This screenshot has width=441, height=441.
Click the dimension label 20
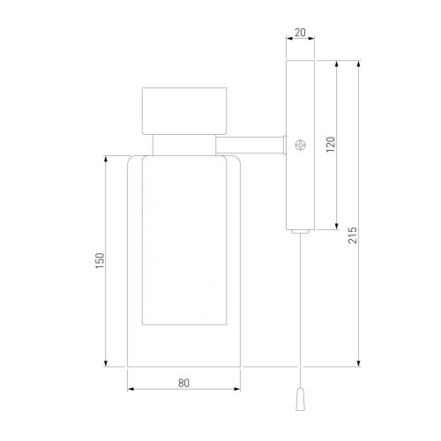click(x=300, y=33)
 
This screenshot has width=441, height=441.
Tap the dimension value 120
click(x=331, y=144)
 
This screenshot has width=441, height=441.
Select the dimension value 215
click(x=353, y=235)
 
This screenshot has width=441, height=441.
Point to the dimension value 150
click(x=100, y=260)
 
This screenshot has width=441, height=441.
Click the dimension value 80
click(x=183, y=383)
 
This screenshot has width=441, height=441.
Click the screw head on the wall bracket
click(x=301, y=145)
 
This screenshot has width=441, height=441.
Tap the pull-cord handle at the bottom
click(x=300, y=399)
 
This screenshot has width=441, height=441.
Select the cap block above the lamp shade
click(x=184, y=111)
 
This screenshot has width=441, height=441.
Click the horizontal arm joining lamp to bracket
click(x=250, y=145)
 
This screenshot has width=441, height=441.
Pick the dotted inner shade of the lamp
click(x=184, y=241)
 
